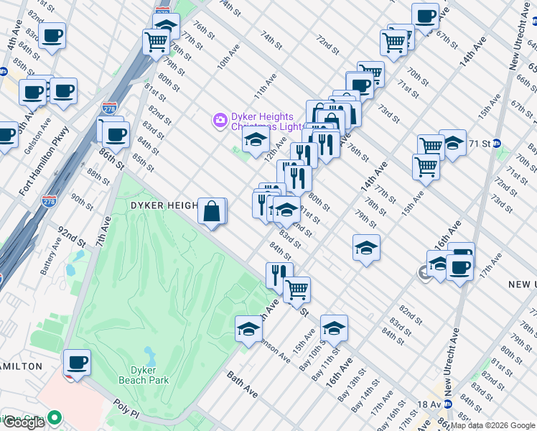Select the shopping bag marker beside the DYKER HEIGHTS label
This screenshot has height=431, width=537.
[213, 212]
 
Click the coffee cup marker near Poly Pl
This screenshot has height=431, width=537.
[77, 362]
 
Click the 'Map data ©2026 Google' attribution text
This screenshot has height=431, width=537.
[492, 425]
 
